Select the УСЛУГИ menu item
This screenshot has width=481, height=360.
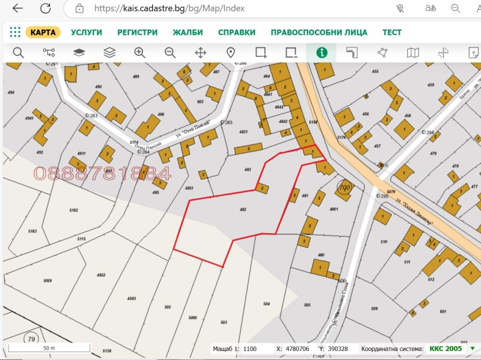point(87,32)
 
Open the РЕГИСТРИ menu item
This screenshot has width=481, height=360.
point(137,32)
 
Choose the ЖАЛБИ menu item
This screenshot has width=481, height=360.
point(188,32)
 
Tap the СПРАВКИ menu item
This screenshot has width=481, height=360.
point(236,32)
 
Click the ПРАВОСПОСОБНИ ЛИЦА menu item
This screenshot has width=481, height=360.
point(319,32)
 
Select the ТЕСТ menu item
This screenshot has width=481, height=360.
point(392,32)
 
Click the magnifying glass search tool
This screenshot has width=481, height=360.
point(18,53)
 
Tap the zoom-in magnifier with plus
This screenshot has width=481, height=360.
point(140,53)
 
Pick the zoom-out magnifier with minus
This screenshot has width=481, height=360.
point(170,53)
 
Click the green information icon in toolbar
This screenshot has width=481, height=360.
point(322,53)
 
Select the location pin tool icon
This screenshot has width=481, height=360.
point(231,53)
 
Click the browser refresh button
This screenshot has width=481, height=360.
point(46,8)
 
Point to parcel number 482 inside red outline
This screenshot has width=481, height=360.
point(243,209)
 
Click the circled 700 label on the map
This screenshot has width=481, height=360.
point(345,188)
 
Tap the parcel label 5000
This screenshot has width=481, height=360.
point(193,317)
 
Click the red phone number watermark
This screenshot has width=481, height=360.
point(102,174)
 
